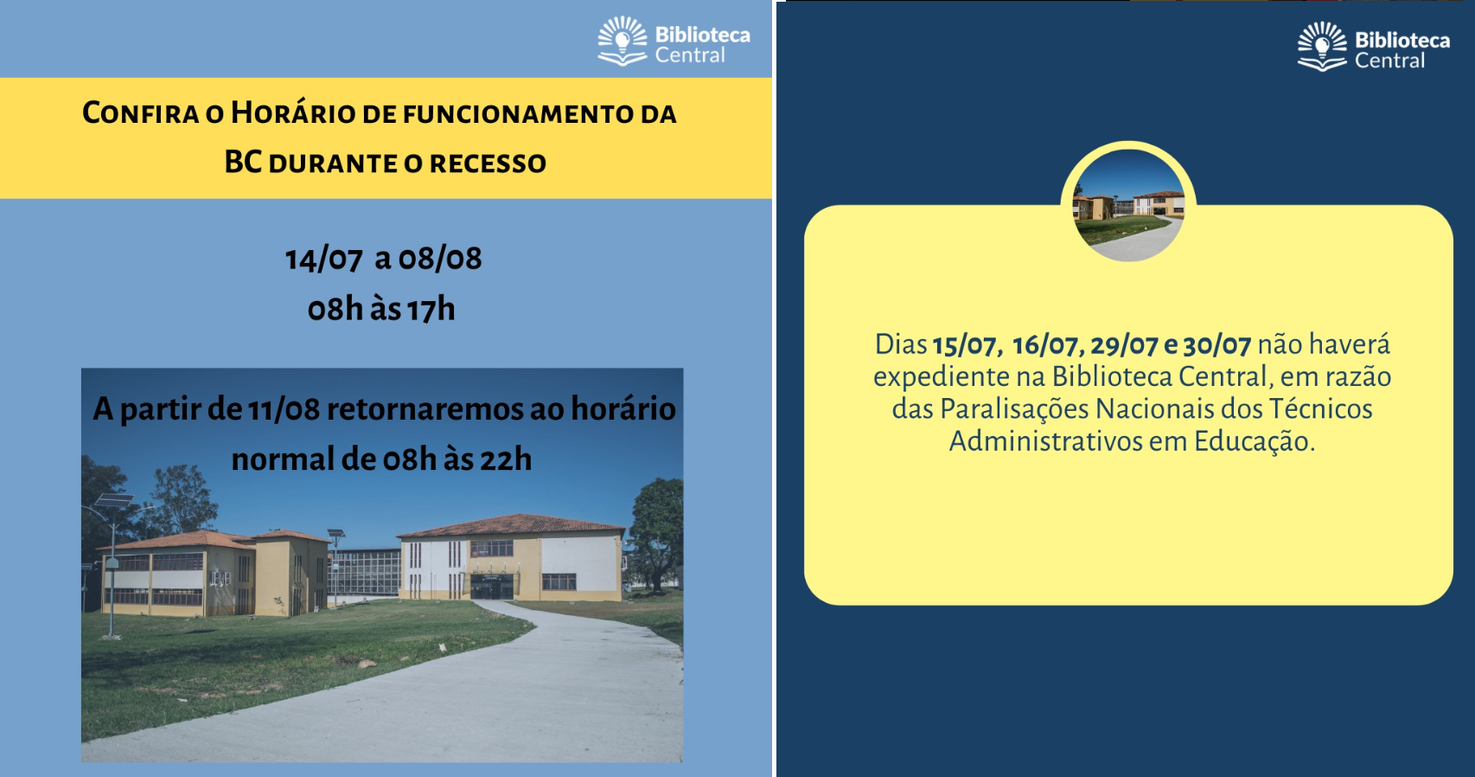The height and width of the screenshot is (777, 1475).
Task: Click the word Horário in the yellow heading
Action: [x=292, y=112]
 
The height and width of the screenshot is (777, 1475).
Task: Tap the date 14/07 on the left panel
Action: [x=323, y=259]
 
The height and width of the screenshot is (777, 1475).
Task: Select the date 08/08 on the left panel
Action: [x=440, y=259]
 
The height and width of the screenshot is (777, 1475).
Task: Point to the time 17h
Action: [x=431, y=309]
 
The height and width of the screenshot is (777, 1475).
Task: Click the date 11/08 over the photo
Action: [x=284, y=409]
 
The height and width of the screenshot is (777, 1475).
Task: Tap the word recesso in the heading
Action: [x=488, y=164]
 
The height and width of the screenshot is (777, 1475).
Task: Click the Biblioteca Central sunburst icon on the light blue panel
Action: [x=623, y=41]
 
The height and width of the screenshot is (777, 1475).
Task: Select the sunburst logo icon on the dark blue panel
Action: [x=1322, y=46]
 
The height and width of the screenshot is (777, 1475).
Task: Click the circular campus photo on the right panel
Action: [x=1128, y=205]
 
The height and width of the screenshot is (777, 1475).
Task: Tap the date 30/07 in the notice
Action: [x=1216, y=345]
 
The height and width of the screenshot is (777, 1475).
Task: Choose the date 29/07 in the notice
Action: [x=1124, y=345]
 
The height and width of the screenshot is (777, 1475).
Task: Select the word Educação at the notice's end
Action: [x=1255, y=441]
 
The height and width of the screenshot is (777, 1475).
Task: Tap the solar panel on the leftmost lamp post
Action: [x=114, y=500]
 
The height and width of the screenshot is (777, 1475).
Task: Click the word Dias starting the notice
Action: [x=900, y=344]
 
